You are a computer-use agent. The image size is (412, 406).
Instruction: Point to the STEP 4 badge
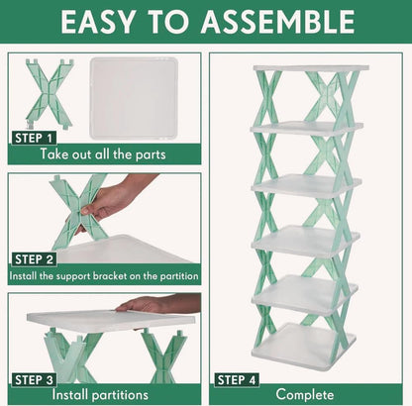pyautogui.click(x=239, y=378)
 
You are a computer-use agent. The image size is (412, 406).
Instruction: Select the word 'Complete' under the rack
pyautogui.click(x=305, y=395)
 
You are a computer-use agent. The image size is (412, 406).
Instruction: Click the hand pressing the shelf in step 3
pyautogui.click(x=158, y=305)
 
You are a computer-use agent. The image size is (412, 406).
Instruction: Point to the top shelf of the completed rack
pyautogui.click(x=309, y=68)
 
